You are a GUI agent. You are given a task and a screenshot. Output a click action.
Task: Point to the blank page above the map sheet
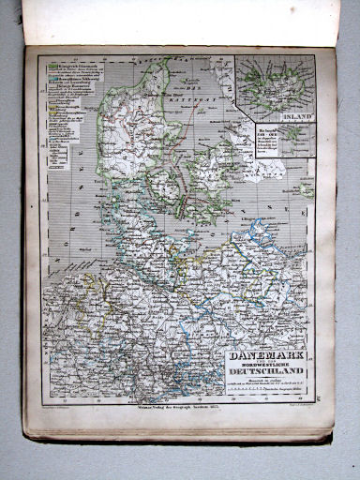point(178,21)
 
